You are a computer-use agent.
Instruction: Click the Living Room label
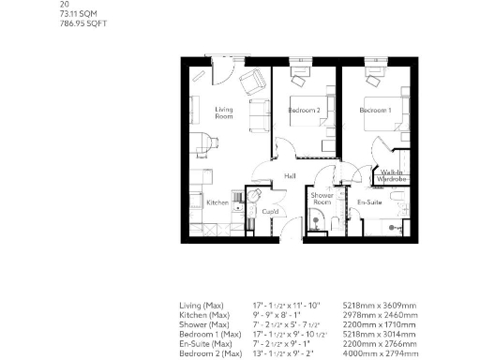tap(223, 113)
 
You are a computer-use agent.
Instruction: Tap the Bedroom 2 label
tap(305, 111)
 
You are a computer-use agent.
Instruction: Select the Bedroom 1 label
tap(375, 111)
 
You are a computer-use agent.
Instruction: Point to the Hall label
tap(291, 175)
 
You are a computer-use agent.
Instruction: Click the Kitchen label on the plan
tap(217, 202)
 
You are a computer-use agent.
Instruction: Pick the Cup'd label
tap(269, 212)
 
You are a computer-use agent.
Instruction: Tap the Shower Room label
tap(322, 198)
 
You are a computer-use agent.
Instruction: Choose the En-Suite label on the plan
tap(367, 202)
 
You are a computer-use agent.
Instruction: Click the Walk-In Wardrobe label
tap(392, 175)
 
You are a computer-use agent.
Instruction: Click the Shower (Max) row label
tap(202, 323)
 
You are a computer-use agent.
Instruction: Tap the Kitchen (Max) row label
tap(203, 315)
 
